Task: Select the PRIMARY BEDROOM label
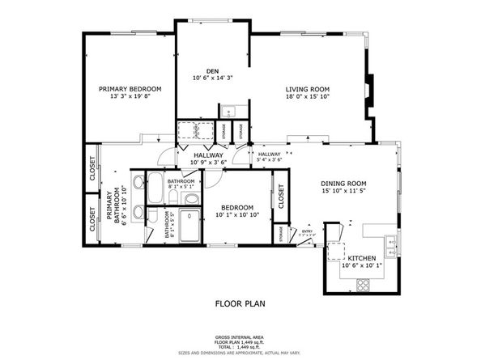130,88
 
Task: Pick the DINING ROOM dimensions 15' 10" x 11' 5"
343,191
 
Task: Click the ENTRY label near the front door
306,231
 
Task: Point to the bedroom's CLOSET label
281,196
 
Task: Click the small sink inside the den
229,111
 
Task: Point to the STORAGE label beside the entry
281,234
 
